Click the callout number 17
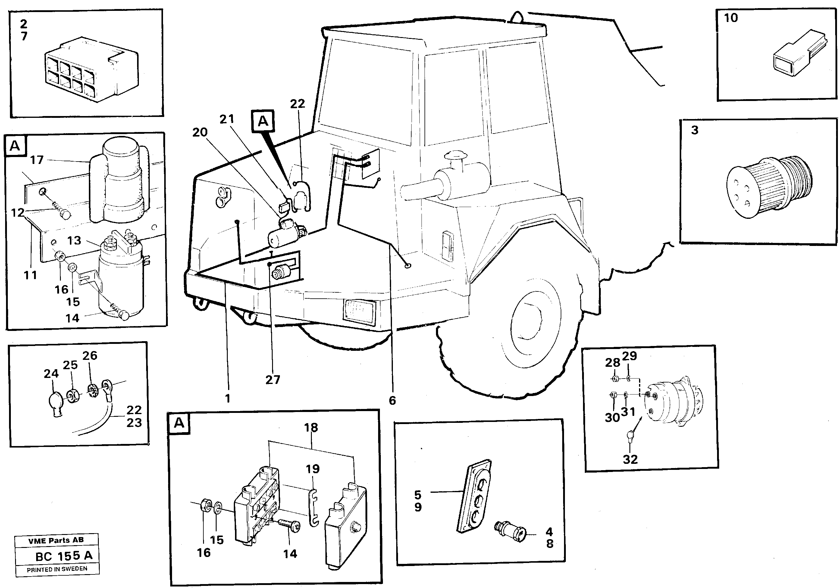point(36,160)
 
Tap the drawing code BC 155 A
point(64,556)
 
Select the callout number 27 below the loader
point(273,380)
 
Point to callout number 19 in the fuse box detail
point(312,469)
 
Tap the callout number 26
point(90,355)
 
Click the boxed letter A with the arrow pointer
point(263,121)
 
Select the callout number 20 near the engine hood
point(200,132)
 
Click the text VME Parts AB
point(56,540)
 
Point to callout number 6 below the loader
point(392,401)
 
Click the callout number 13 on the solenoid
point(74,241)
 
